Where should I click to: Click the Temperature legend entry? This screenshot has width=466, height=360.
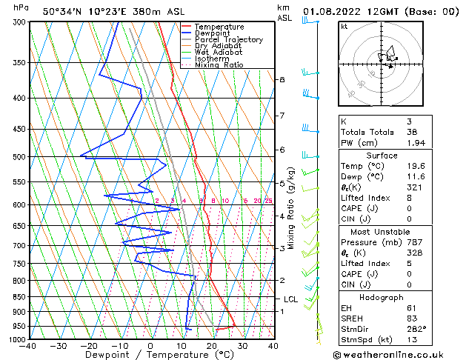tap(219, 27)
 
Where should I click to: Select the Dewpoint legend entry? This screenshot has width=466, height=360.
tap(213, 33)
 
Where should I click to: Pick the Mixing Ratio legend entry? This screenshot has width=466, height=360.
tap(219, 65)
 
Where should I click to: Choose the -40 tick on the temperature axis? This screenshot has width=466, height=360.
tap(29, 346)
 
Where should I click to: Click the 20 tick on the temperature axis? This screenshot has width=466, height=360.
tap(212, 346)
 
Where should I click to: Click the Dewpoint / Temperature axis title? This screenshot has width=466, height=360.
tap(150, 356)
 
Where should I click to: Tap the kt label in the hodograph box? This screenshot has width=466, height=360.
tap(344, 27)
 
